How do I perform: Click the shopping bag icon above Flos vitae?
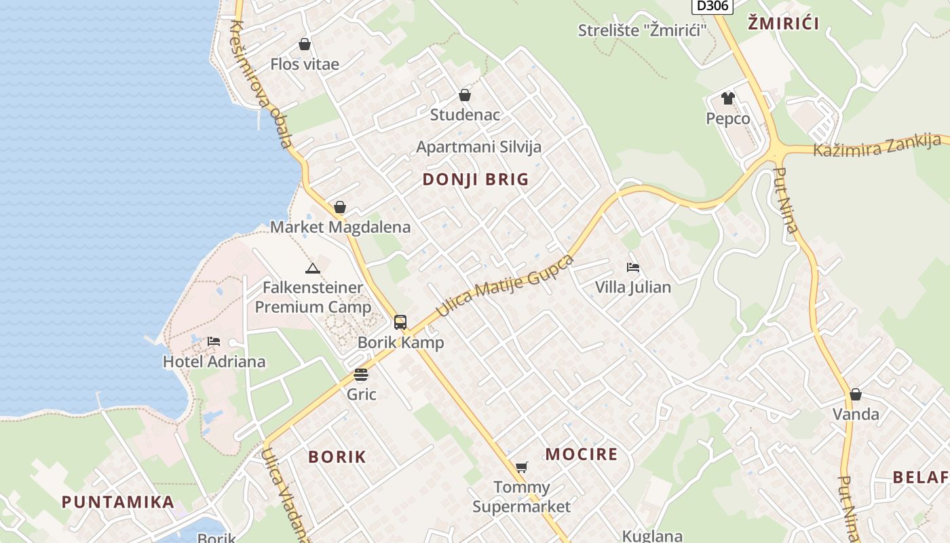[305, 44]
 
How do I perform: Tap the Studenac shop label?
[465, 115]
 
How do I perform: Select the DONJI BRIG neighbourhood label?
[475, 179]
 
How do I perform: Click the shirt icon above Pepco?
[728, 98]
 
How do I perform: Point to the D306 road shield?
[712, 6]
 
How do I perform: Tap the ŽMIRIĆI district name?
[783, 24]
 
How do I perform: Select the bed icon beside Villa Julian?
[633, 267]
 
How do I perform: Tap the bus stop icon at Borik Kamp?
[400, 322]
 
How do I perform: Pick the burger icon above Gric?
[361, 375]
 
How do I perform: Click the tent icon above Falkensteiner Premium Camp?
[312, 268]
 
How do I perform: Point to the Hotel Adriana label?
[214, 361]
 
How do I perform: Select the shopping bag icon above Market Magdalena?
[340, 207]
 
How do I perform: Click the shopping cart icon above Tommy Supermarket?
[521, 467]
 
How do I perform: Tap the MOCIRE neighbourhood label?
[582, 454]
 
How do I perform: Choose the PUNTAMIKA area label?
[118, 502]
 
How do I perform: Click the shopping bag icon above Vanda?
[856, 394]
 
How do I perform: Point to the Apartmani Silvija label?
[478, 147]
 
